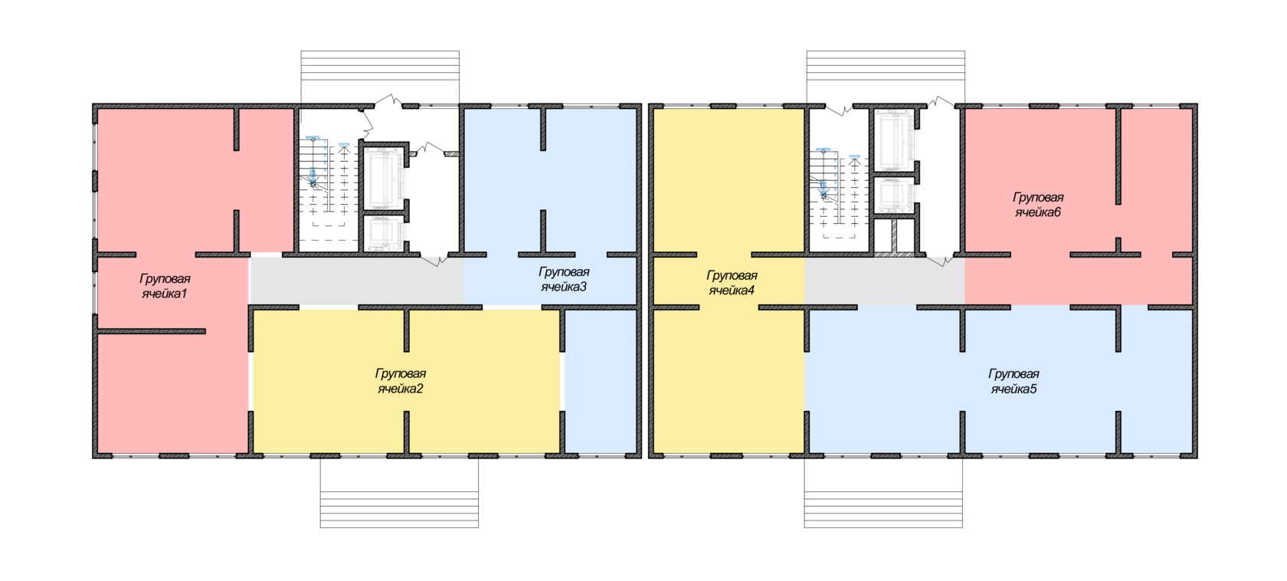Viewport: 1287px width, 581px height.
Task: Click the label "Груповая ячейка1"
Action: tap(165, 286)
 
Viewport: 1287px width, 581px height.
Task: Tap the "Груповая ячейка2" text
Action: tap(400, 381)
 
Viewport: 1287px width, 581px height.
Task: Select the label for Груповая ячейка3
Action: tap(564, 279)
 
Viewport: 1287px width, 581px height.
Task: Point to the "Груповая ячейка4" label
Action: tap(732, 283)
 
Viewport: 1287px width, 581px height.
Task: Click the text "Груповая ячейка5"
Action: tap(1014, 382)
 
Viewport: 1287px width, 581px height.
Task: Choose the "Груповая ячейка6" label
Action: tap(1038, 205)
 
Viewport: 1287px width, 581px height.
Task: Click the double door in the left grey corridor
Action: tap(435, 260)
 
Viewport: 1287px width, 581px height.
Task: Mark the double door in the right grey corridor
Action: tap(941, 260)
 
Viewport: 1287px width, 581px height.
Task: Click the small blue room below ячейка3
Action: tap(601, 380)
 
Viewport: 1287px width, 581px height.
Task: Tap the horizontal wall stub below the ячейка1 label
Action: tap(152, 331)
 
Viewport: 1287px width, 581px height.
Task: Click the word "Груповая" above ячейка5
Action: tap(1014, 374)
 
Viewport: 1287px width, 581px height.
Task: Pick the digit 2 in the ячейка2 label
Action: tap(420, 389)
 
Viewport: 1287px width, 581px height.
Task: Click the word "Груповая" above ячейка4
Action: tap(732, 275)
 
